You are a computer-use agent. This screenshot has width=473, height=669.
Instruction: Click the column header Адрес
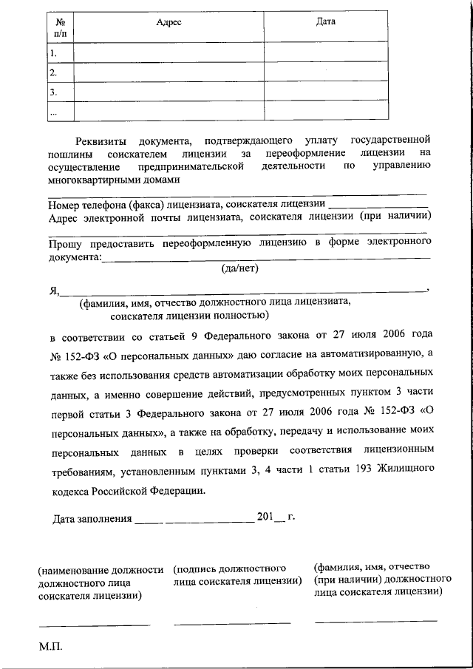[169, 22]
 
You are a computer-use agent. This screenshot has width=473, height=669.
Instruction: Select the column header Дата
[325, 21]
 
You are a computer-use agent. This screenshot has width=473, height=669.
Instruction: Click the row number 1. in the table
[53, 53]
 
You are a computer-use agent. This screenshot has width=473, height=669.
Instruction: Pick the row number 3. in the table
[53, 93]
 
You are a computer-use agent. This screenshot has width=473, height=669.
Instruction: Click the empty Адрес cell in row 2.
[169, 73]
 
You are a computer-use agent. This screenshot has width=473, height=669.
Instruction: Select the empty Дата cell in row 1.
[325, 53]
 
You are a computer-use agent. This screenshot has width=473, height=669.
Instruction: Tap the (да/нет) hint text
[239, 269]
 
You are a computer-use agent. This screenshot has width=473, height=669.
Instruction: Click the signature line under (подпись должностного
[232, 622]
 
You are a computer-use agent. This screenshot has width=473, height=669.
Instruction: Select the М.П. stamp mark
[51, 647]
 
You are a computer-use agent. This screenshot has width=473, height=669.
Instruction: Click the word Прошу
[67, 243]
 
